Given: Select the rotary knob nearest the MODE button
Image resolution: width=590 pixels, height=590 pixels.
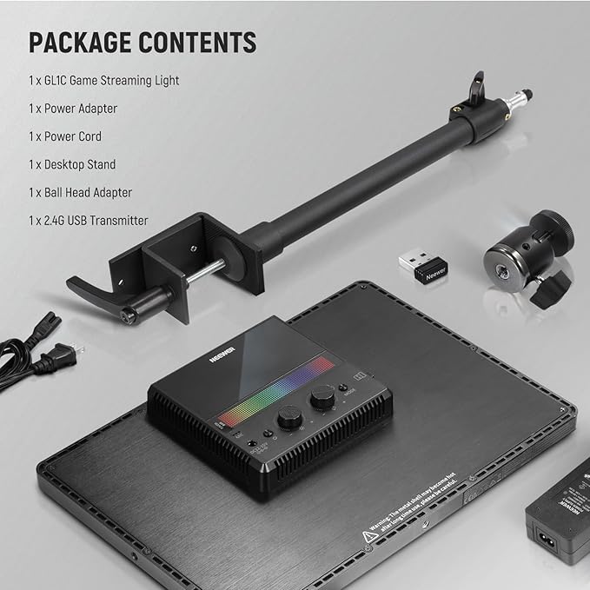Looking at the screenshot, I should pyautogui.click(x=324, y=397).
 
